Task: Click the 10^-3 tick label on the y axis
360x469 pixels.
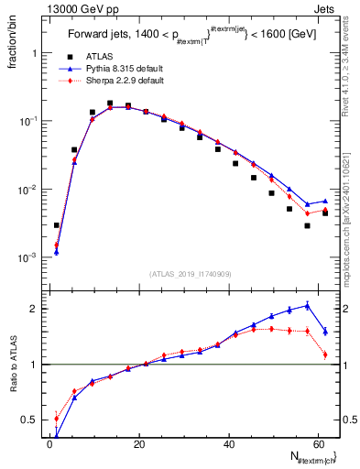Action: click(27, 258)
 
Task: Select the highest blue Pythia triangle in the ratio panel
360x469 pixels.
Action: click(307, 305)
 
